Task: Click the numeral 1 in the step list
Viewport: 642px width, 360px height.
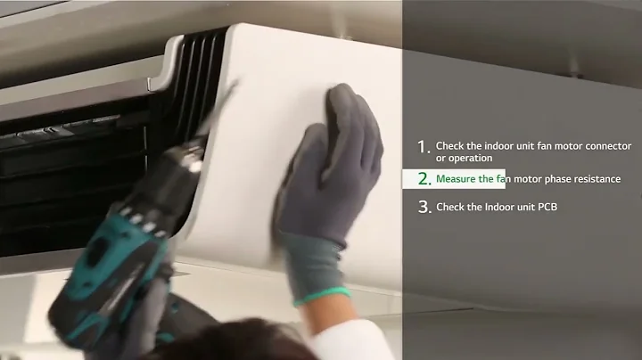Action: click(424, 147)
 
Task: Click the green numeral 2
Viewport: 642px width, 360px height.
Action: click(424, 179)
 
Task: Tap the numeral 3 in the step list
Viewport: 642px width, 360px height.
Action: click(424, 207)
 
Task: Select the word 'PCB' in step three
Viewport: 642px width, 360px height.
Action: click(547, 207)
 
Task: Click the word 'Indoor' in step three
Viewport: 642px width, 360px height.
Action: click(499, 207)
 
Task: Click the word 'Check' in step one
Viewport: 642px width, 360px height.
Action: click(449, 146)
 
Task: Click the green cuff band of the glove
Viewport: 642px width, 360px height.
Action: click(324, 296)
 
